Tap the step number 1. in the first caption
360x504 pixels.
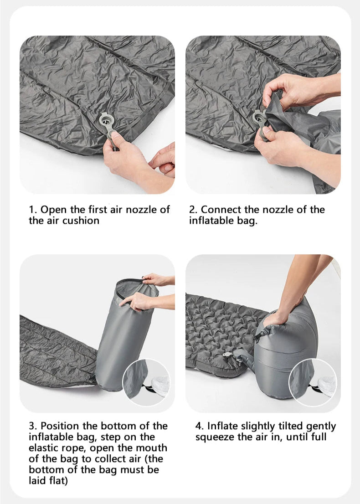(33, 210)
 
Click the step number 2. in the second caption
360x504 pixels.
(194, 210)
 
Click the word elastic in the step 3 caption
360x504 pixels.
(45, 448)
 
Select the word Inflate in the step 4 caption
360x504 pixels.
(224, 426)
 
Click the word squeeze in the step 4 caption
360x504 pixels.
(214, 437)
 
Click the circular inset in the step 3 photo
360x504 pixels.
(146, 382)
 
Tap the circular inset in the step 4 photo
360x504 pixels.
(313, 382)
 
